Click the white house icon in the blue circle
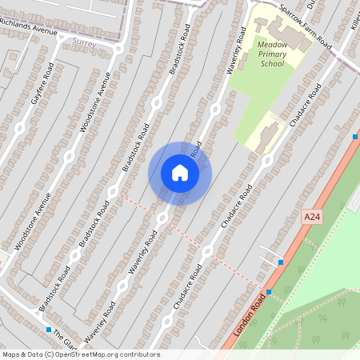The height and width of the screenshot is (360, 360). pos(180,173)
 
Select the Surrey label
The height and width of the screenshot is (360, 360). pos(84,38)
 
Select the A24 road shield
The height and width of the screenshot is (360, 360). pos(311,217)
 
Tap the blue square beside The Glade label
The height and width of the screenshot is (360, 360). pos(49,330)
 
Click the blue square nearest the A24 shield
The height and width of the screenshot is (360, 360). pos(281,262)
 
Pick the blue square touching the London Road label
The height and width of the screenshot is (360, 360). pos(269,292)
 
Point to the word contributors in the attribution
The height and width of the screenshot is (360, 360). pos(141,354)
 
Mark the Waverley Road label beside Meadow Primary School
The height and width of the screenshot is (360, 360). pos(237,50)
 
